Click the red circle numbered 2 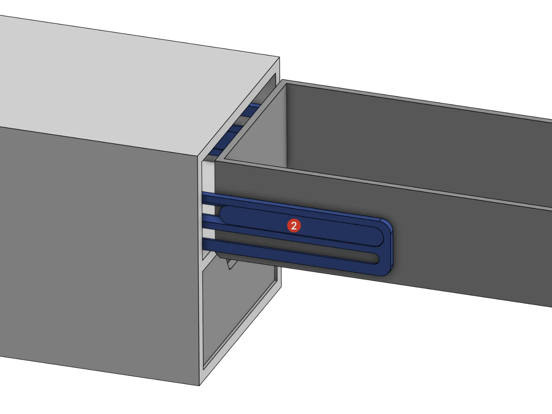pos(294,226)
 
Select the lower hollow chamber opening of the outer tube pos(238,310)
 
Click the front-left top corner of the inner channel pos(216,161)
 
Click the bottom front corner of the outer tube pos(200,384)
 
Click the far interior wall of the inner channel pos(414,145)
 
